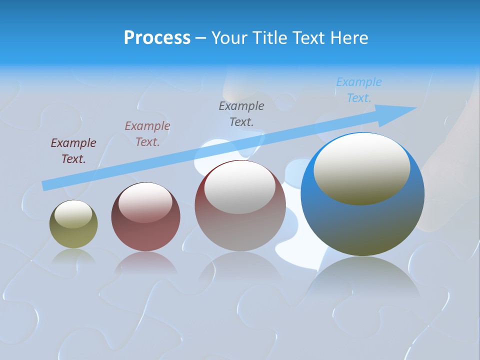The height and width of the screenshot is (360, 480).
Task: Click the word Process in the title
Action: (157, 38)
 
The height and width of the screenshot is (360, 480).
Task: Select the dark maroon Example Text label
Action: (73, 151)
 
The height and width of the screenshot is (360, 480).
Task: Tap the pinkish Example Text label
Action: (147, 134)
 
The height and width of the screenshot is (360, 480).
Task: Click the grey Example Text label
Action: (241, 113)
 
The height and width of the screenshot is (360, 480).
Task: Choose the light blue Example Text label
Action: (359, 90)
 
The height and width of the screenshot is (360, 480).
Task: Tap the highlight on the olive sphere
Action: (73, 214)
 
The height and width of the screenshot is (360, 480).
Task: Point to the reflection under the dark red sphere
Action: (145, 262)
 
